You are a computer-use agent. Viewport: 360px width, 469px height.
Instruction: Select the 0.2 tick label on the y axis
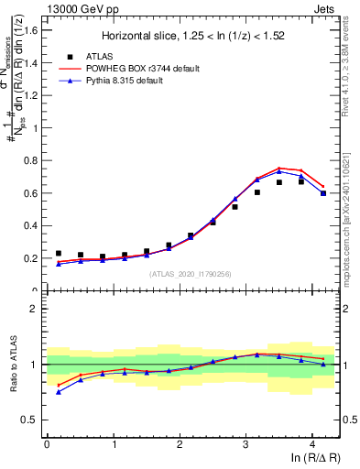pos(30,258)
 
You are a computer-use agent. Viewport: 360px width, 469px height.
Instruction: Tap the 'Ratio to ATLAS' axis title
pos(12,365)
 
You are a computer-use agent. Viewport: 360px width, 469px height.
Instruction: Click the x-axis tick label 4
pos(312,444)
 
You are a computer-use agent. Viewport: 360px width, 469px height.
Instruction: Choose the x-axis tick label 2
pos(180,444)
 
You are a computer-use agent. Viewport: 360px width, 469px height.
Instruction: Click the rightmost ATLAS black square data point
pos(323,193)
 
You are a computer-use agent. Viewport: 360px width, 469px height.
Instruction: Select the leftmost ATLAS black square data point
pos(59,254)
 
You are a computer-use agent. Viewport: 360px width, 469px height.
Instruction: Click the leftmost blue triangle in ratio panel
pos(59,391)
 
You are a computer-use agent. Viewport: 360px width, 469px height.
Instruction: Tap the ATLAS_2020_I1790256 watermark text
pos(190,274)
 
